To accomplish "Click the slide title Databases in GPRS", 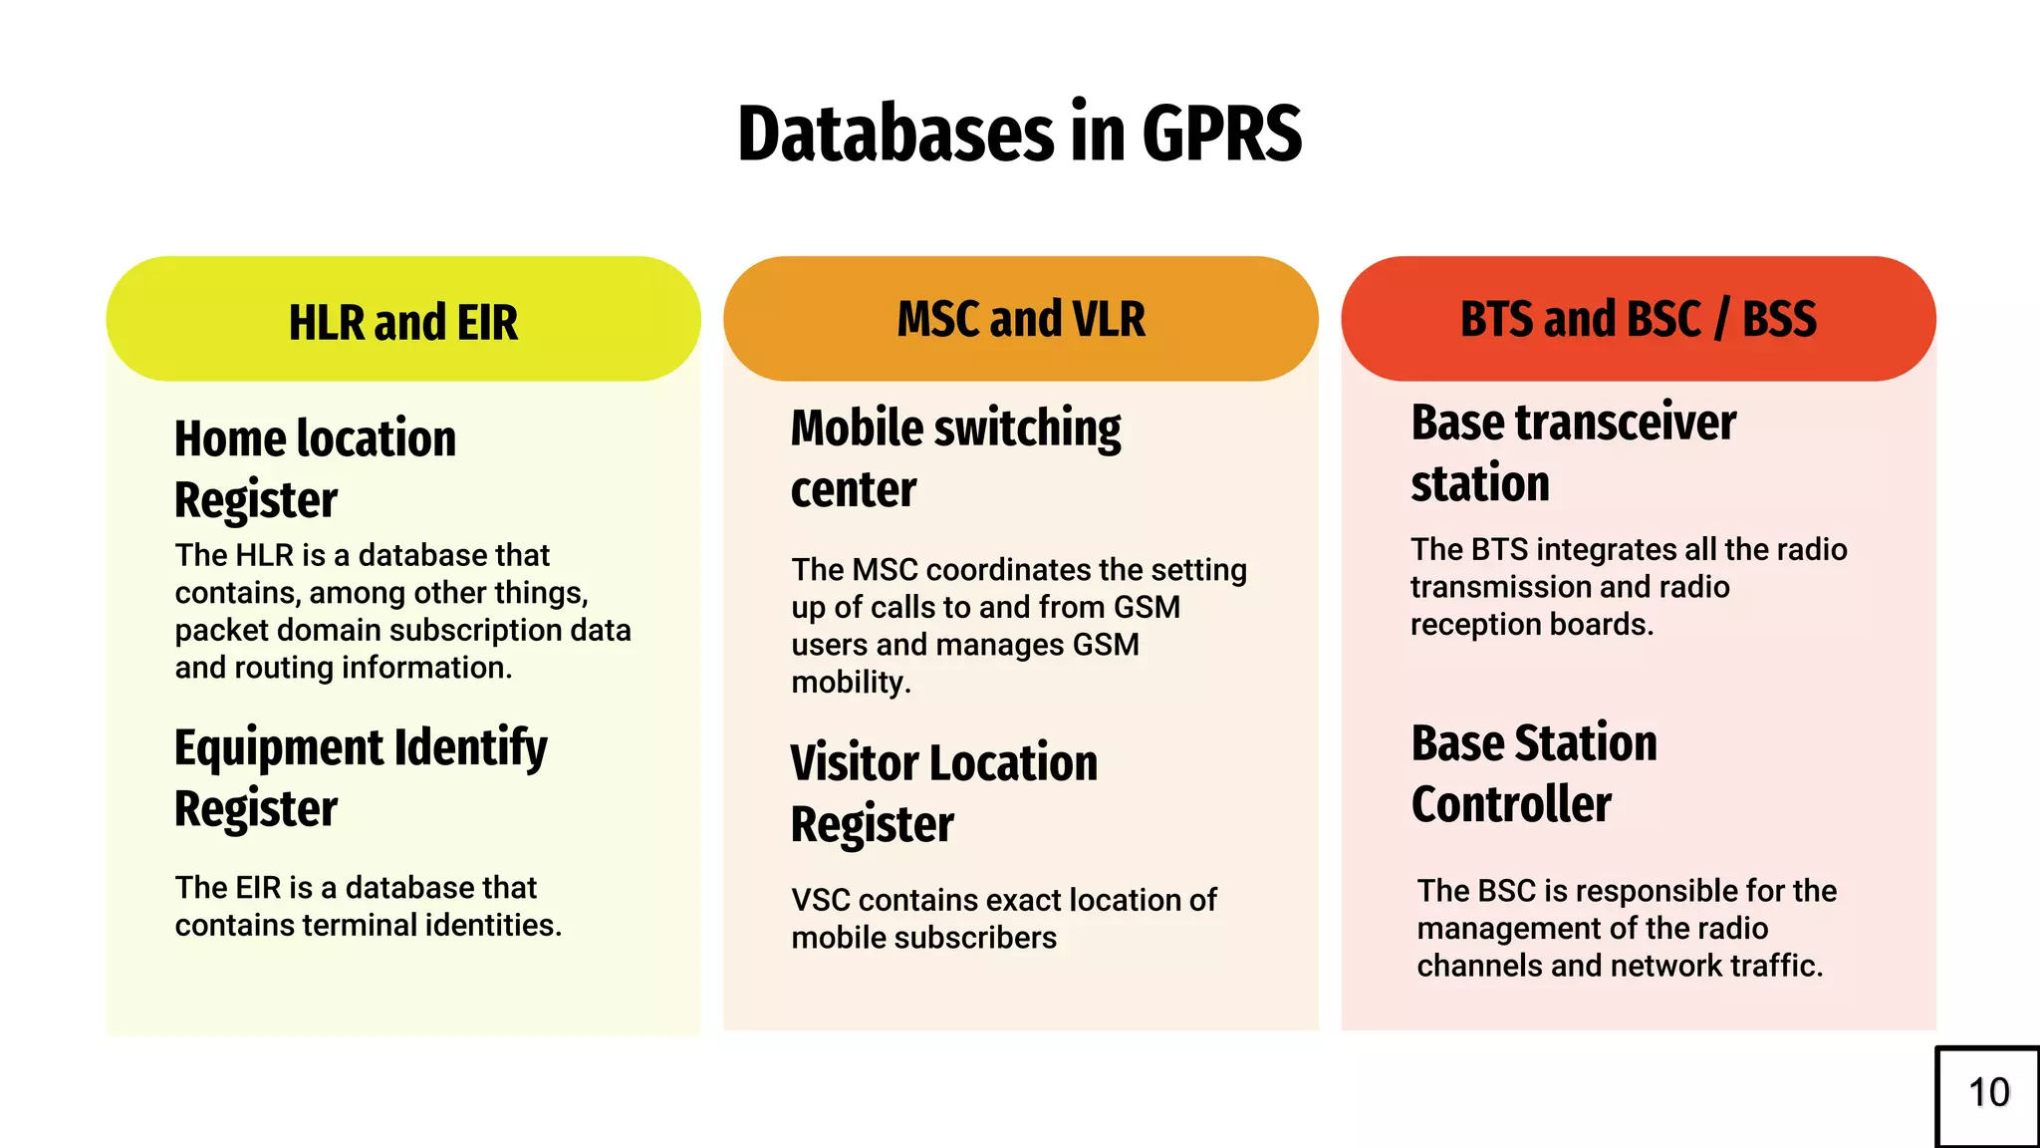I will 1019,134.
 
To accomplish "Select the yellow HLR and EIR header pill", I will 403,320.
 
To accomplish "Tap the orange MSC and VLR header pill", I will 1021,319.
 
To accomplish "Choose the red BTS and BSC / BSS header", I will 1639,319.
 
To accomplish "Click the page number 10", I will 1988,1093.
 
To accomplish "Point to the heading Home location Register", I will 315,468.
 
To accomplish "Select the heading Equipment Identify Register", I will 361,777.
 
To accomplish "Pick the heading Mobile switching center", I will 955,458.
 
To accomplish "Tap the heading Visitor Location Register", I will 943,793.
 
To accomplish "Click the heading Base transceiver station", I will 1574,452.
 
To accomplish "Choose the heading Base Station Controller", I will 1534,773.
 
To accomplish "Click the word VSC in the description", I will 821,901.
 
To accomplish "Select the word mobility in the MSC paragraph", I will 849,684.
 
